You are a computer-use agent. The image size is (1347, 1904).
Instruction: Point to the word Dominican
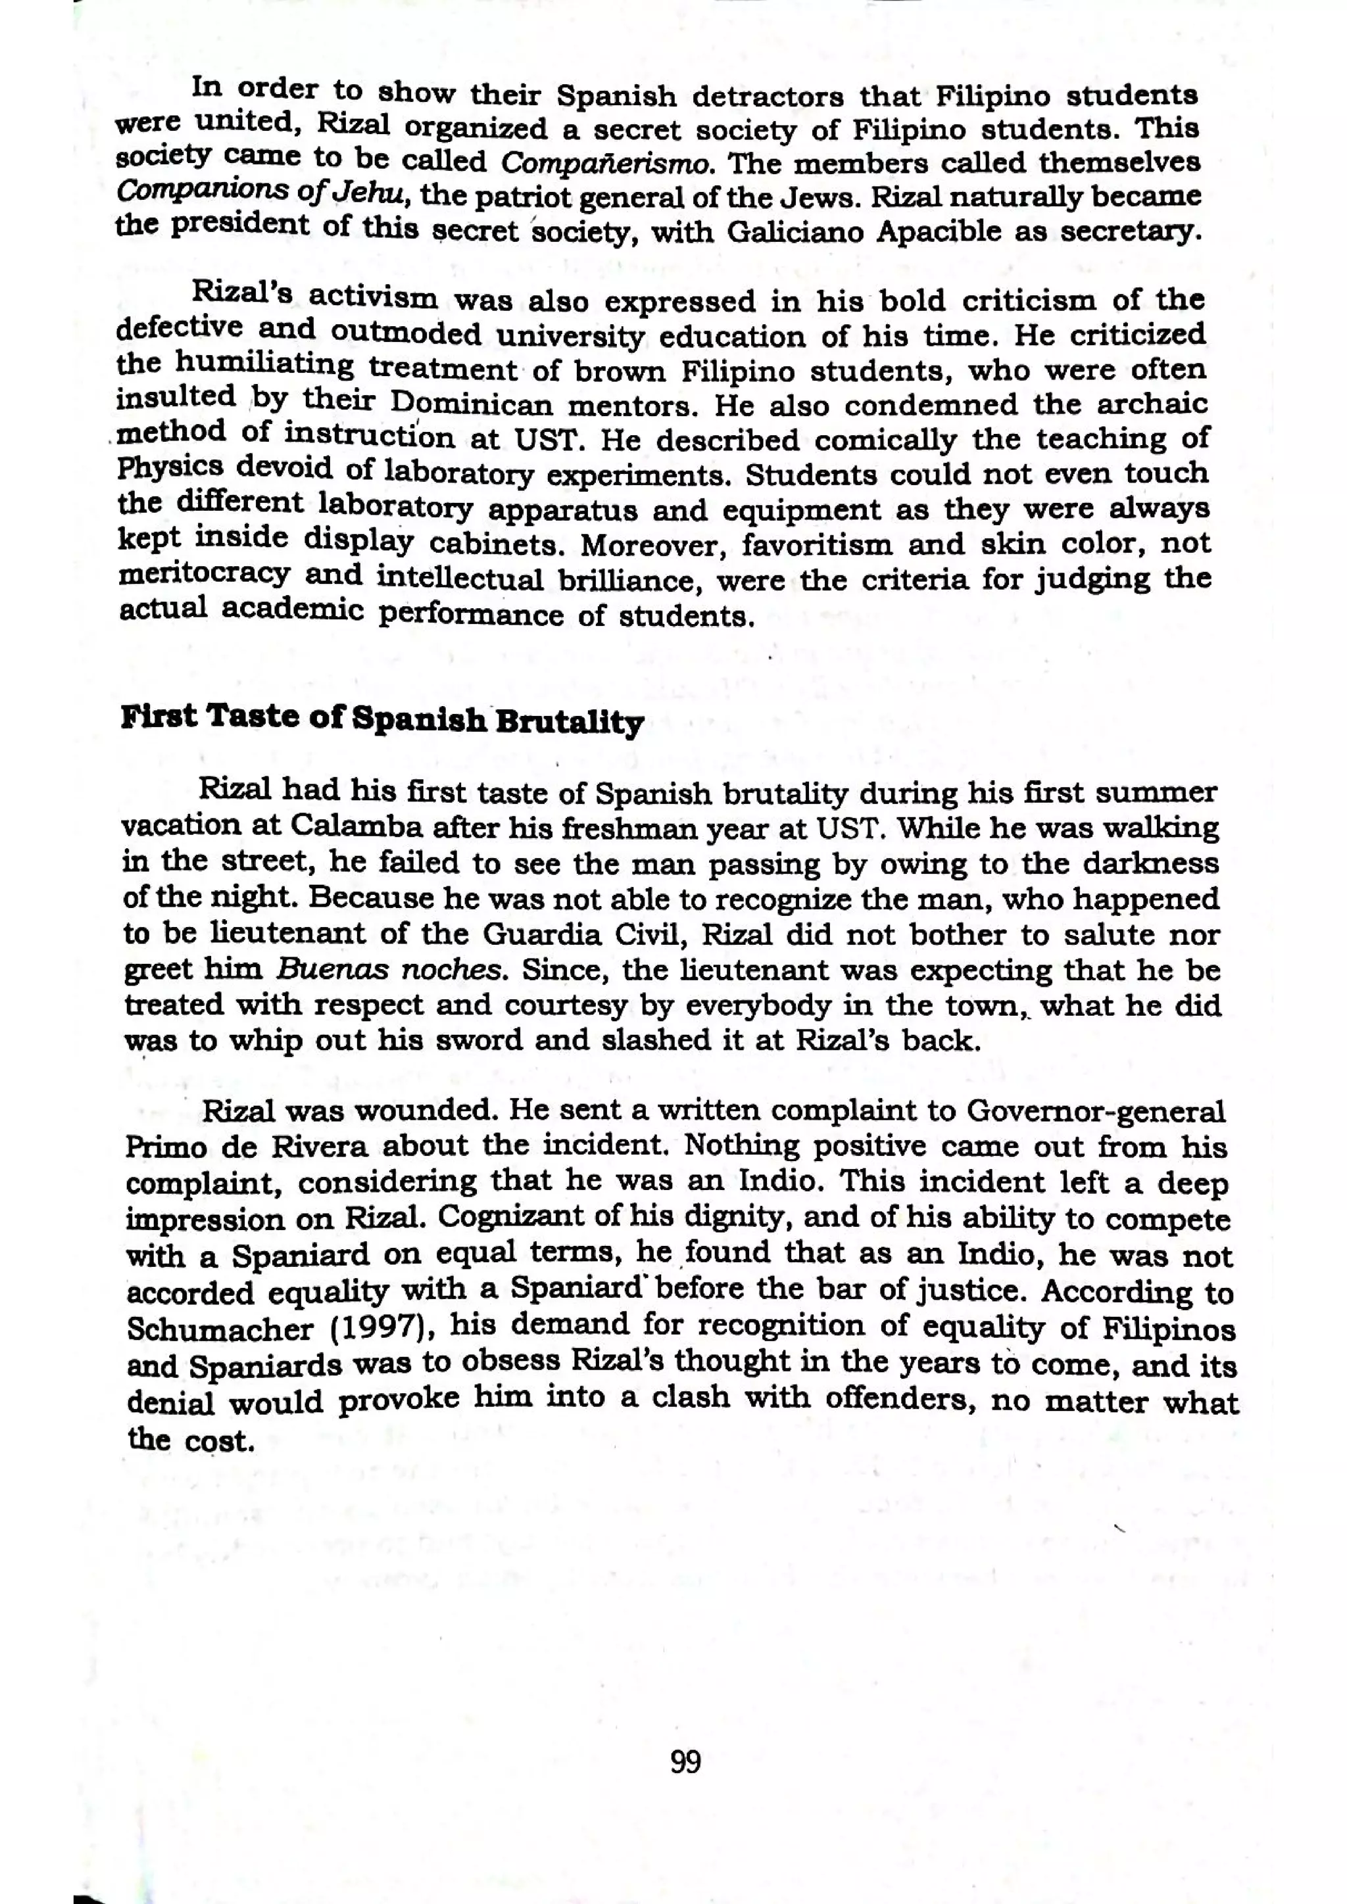(x=471, y=405)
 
